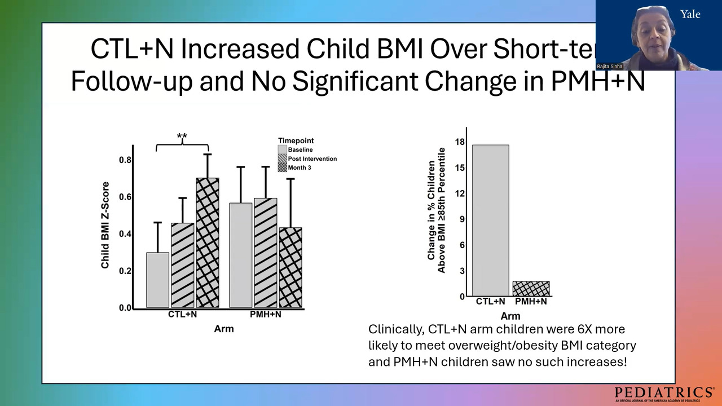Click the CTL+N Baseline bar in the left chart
158,280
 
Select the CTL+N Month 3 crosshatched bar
208,242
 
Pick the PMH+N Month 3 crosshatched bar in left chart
290,267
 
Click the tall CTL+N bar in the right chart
491,220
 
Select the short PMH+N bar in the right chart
531,289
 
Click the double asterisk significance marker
182,136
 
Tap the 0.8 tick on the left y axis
125,160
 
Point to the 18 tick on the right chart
460,142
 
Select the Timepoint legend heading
296,140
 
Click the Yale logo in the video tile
690,14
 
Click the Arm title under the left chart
224,329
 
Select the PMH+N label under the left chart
266,314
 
